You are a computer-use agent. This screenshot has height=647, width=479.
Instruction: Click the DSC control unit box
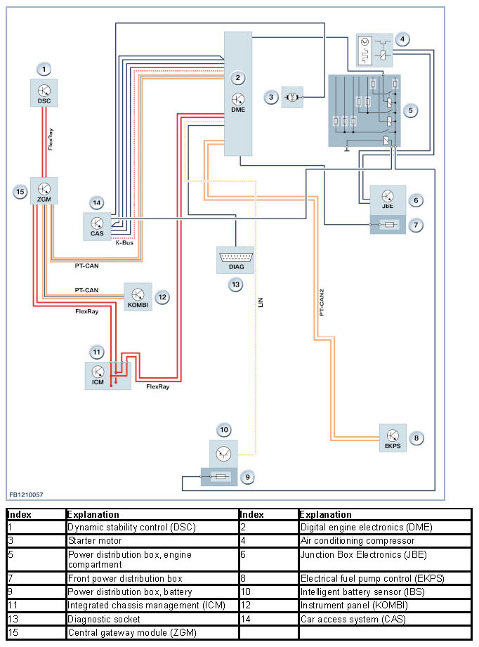coord(44,93)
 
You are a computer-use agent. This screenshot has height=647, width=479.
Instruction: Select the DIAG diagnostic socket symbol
coord(235,260)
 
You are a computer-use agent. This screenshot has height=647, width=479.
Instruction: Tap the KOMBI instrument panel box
coord(138,296)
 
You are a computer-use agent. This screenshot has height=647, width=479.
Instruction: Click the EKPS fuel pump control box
coord(393,438)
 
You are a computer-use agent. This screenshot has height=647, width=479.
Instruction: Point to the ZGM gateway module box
coord(44,190)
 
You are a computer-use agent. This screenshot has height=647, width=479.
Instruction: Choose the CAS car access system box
coord(97,226)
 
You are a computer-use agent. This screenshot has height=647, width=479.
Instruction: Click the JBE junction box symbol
coord(388,200)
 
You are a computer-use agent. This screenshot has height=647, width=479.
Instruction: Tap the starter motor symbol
coord(292,98)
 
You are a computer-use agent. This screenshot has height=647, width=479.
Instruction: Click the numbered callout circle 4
coord(402,39)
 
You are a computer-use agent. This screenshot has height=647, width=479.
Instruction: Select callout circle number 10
coord(224,430)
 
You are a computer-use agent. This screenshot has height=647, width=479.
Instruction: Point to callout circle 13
coord(235,285)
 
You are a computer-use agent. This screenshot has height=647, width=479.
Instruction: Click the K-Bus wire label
coord(124,242)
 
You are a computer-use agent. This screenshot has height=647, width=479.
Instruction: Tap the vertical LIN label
coord(261,303)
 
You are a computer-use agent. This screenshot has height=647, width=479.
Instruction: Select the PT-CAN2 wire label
coord(322,303)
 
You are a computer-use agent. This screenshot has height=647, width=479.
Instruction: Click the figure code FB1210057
coord(26,495)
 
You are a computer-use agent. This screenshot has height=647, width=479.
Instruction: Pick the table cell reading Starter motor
coord(95,540)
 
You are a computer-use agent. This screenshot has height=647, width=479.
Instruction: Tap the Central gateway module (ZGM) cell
coord(132,632)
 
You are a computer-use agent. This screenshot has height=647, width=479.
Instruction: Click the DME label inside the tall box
coord(238,110)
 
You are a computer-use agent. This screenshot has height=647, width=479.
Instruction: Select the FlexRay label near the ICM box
coord(157,386)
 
